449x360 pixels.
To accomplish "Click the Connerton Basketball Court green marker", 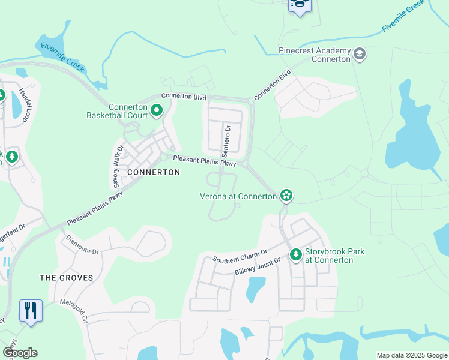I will point(157,110).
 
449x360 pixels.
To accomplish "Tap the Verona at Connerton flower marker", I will point(286,195).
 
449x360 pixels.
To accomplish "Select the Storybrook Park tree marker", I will point(295,255).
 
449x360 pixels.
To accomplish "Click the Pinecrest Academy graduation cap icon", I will point(360,55).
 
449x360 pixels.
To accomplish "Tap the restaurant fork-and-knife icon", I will point(31,310).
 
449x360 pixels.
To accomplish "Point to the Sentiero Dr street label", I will point(228,137).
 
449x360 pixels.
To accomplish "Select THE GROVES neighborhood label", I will point(67,278).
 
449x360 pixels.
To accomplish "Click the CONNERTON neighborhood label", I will point(154,172).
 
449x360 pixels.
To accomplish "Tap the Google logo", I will point(20,353).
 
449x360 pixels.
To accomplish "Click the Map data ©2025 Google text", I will point(411,355).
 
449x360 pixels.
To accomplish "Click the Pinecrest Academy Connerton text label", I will point(315,55).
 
